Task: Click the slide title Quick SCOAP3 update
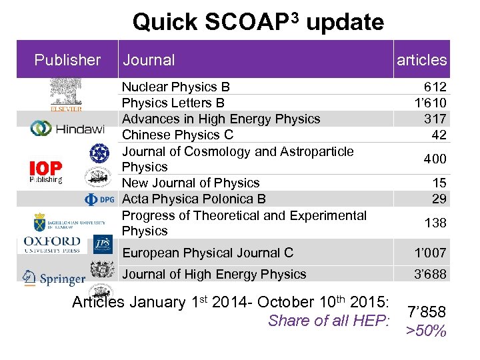click(x=258, y=21)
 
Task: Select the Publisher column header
click(x=67, y=60)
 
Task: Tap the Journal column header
click(x=148, y=60)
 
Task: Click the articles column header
click(x=421, y=60)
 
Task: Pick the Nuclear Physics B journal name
click(x=175, y=87)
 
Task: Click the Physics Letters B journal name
click(x=173, y=103)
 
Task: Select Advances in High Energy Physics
click(x=221, y=119)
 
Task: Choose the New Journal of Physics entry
click(x=190, y=183)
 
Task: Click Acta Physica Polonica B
click(x=193, y=199)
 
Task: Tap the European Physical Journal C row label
click(x=207, y=253)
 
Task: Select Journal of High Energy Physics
click(x=214, y=274)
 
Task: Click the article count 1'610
click(x=430, y=103)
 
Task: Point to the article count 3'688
click(x=430, y=274)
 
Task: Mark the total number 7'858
click(x=427, y=312)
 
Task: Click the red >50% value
click(x=426, y=331)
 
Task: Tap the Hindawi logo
click(x=67, y=129)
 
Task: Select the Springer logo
click(x=53, y=278)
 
